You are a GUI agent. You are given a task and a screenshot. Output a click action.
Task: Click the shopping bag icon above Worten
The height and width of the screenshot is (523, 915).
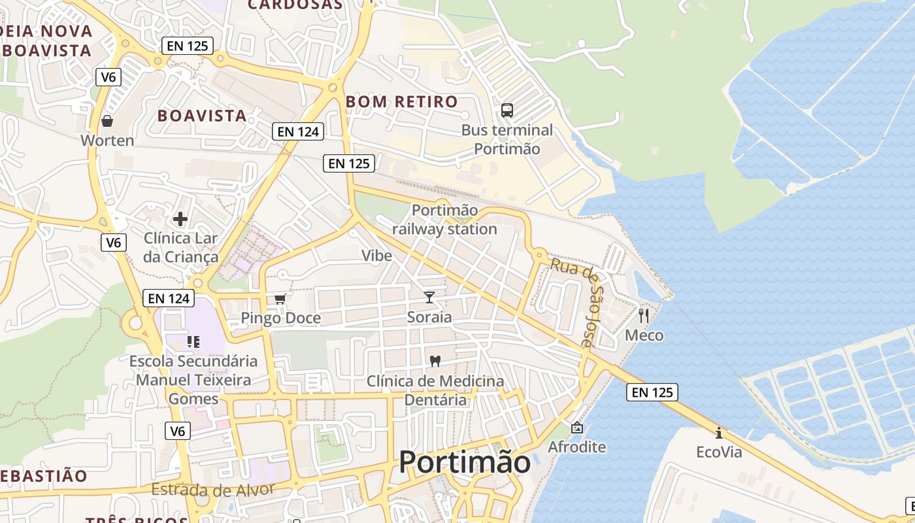pos(107,122)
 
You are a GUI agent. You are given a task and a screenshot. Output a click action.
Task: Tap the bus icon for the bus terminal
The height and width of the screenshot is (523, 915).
pos(507,110)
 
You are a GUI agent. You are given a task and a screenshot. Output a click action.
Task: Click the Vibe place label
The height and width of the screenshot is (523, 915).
pos(377,255)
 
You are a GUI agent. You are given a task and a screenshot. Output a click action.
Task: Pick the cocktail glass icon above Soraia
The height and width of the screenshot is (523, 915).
pos(429,297)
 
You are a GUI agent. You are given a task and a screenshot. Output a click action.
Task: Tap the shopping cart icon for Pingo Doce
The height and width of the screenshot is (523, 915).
pos(280,299)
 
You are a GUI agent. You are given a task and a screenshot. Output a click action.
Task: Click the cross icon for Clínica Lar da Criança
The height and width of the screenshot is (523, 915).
pos(180,219)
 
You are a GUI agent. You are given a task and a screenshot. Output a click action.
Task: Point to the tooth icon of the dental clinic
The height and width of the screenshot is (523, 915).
pos(435,360)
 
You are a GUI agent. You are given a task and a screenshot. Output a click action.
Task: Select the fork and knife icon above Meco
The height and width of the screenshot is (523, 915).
pos(644,316)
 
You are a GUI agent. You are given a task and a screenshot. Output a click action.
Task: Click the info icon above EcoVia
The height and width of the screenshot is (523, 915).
pos(719,432)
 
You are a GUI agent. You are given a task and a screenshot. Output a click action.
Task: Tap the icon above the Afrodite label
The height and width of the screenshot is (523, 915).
pos(576,428)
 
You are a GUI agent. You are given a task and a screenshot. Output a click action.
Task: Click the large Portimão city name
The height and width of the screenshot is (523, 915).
pos(464,462)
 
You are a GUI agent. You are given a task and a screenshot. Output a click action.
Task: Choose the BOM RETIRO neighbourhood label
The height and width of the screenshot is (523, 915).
pos(401,102)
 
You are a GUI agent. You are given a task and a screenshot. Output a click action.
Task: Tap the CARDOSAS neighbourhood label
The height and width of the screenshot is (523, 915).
pos(295,5)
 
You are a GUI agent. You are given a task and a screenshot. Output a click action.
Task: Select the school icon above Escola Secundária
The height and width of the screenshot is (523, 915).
pos(193,341)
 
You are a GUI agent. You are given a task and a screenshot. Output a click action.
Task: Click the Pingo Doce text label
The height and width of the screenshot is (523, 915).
pos(281,318)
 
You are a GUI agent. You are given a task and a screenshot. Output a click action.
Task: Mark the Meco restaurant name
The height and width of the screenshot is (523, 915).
pos(644,335)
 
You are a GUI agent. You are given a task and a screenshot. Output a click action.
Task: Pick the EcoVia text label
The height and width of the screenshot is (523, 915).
pos(719,452)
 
